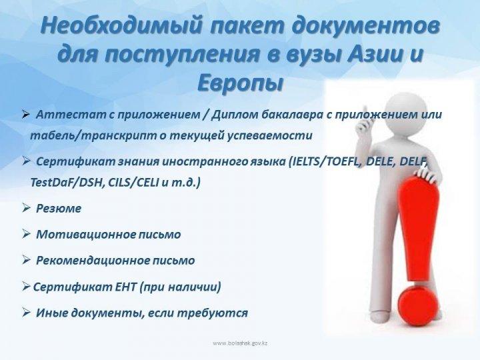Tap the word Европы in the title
coord(239,83)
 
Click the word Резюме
coord(59,209)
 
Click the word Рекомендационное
coord(91,261)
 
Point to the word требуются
coord(213,313)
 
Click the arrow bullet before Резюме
coord(26,208)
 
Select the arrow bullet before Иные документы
coord(26,313)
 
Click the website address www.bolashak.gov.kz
coord(240,343)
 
